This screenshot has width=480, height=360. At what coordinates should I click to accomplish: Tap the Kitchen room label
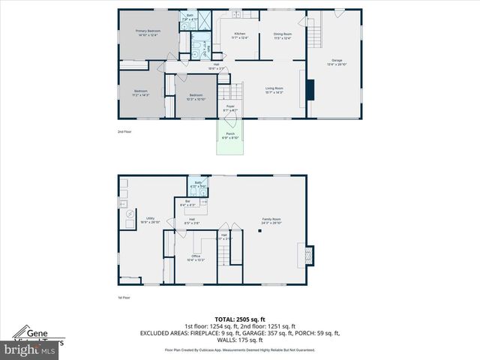[240, 35]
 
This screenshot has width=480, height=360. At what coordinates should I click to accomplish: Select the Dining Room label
[282, 35]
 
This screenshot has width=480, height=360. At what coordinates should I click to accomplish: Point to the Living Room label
[274, 90]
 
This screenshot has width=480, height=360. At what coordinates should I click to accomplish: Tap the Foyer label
[231, 108]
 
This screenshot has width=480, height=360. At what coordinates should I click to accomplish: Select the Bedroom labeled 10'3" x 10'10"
[196, 97]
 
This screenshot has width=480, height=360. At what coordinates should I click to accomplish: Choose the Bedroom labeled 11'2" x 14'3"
[141, 93]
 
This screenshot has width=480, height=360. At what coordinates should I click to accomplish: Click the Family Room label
[271, 220]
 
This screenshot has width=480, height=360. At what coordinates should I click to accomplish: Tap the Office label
[195, 258]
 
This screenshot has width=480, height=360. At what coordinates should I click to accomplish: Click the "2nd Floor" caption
[124, 132]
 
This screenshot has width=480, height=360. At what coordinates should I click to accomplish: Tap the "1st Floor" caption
[124, 298]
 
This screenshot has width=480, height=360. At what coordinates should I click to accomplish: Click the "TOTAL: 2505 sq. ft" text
[239, 318]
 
